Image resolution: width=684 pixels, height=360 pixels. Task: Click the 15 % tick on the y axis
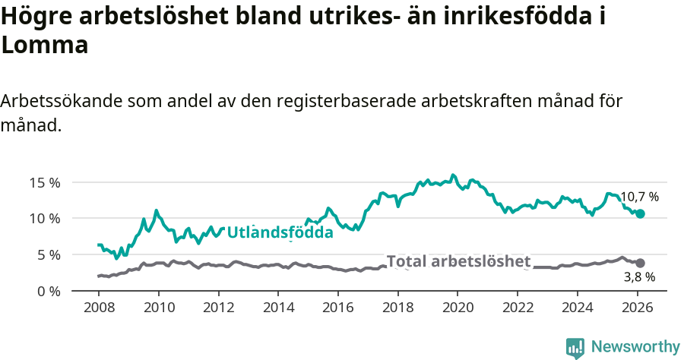(x=45, y=182)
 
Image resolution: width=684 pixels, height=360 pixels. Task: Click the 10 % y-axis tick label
(x=45, y=219)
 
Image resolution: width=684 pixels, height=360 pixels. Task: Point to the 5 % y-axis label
(x=49, y=255)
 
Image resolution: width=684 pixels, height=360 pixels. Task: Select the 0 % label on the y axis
(x=49, y=291)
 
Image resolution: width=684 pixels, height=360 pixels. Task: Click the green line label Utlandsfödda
(x=280, y=232)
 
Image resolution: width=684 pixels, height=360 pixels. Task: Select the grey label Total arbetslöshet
(x=458, y=261)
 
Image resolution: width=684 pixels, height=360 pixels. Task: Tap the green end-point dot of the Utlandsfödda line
(x=640, y=214)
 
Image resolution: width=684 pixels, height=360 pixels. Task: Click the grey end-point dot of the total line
(x=640, y=263)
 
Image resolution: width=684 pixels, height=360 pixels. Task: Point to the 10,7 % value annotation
(x=639, y=197)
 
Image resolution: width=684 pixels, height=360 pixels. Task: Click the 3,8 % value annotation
(x=639, y=278)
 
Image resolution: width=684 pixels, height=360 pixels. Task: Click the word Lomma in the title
(x=45, y=45)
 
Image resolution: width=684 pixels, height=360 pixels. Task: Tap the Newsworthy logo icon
(x=575, y=347)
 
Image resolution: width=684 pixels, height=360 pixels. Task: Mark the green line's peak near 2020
(x=453, y=175)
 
